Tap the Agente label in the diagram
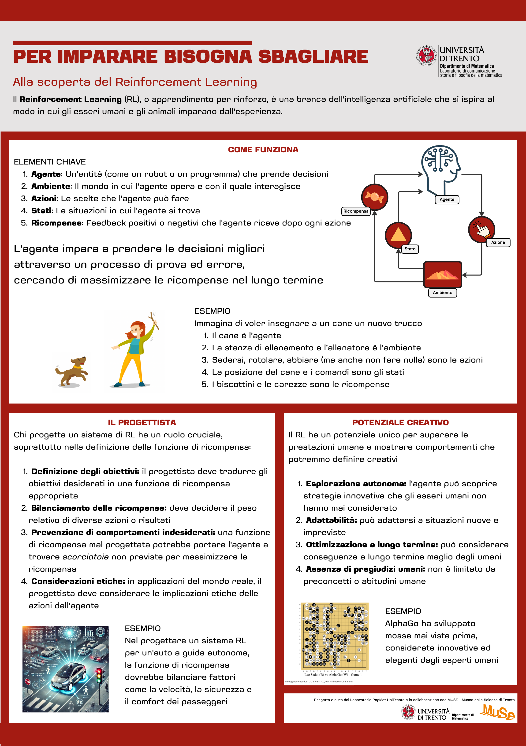[x=447, y=199]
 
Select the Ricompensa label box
[x=356, y=211]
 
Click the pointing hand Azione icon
[x=481, y=229]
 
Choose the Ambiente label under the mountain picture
[x=442, y=293]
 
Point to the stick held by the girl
[x=154, y=320]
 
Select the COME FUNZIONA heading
[x=263, y=150]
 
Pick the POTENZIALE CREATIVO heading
[x=400, y=422]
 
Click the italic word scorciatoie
[x=85, y=557]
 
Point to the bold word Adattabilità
[x=331, y=520]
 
